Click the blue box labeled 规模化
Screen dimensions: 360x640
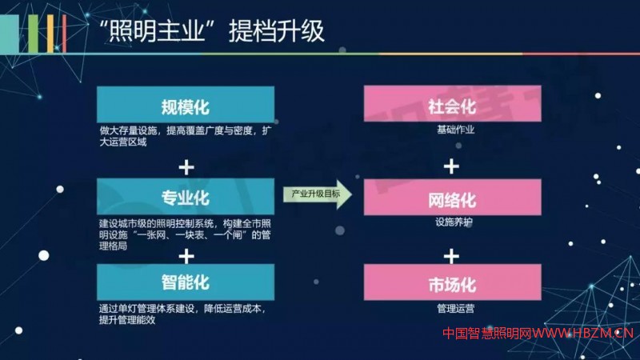click(x=186, y=106)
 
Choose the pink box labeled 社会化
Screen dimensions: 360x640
click(x=453, y=106)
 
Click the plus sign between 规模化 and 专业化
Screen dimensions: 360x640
click(x=186, y=166)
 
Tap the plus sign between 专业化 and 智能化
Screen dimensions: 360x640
click(x=186, y=256)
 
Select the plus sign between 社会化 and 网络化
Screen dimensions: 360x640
click(x=452, y=166)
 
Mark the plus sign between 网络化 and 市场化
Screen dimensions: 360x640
click(x=452, y=256)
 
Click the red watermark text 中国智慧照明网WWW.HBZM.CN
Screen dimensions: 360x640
click(x=538, y=334)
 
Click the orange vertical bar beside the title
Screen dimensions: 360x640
click(x=50, y=34)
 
